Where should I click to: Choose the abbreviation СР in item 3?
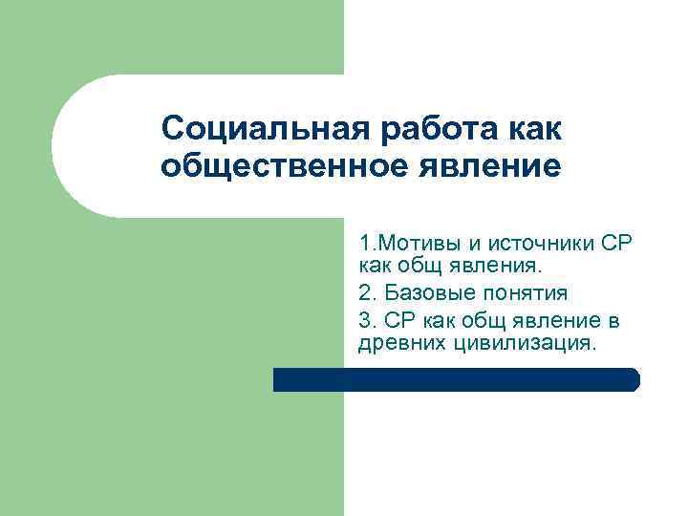pyautogui.click(x=397, y=320)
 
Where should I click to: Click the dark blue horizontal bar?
pyautogui.click(x=456, y=379)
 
